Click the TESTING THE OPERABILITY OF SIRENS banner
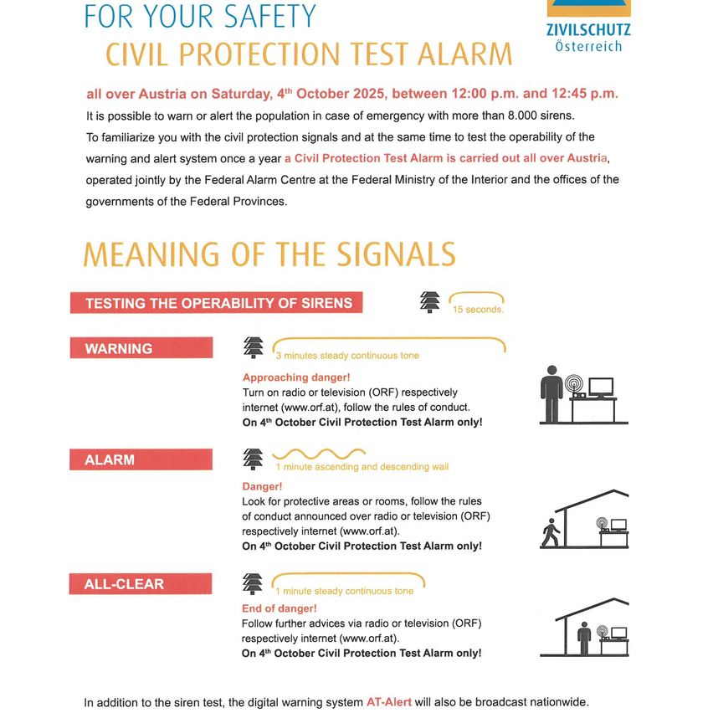pyautogui.click(x=216, y=303)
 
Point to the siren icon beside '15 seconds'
pyautogui.click(x=430, y=302)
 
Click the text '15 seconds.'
pyautogui.click(x=478, y=310)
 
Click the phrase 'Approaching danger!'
pyautogui.click(x=296, y=377)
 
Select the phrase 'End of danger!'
pyautogui.click(x=280, y=608)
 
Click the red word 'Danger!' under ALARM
pyautogui.click(x=262, y=485)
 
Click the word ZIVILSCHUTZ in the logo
pyautogui.click(x=588, y=31)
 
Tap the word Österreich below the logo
pyautogui.click(x=588, y=47)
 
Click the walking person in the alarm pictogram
pyautogui.click(x=550, y=533)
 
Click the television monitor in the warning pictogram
pyautogui.click(x=601, y=387)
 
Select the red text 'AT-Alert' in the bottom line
pyautogui.click(x=389, y=701)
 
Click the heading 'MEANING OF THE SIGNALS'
pyautogui.click(x=269, y=254)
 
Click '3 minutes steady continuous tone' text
pyautogui.click(x=347, y=356)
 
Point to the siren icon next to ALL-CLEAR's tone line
pyautogui.click(x=252, y=583)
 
